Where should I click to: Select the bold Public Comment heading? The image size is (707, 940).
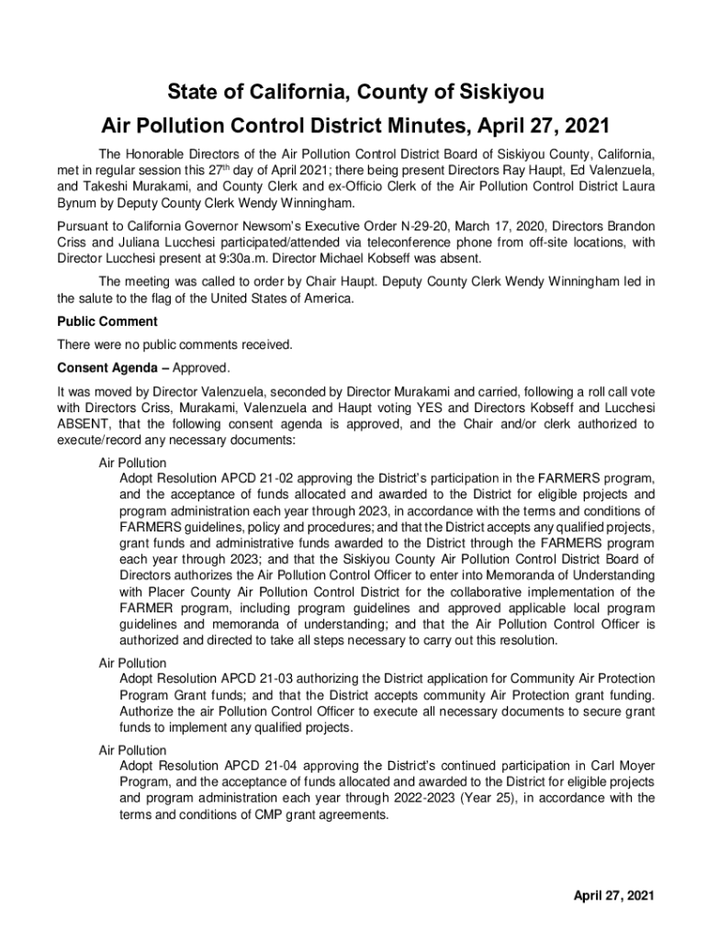[107, 321]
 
